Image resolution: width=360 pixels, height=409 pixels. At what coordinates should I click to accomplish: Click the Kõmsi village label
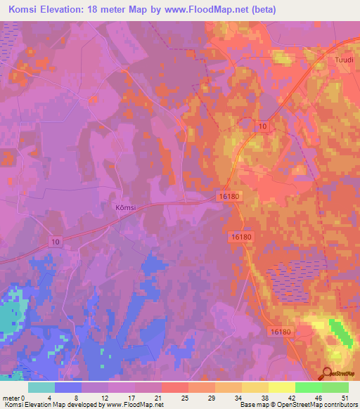[x=124, y=207]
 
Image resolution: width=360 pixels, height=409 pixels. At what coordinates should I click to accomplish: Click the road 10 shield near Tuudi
[x=262, y=125]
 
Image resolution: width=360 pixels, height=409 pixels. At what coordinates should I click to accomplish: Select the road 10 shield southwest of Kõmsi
[x=56, y=241]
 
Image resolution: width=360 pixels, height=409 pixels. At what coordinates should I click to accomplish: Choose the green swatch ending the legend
[x=335, y=387]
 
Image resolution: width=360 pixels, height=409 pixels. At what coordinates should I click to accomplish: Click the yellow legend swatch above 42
[x=282, y=387]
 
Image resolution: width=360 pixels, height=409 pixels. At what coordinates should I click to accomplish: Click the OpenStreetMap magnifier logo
[x=327, y=373]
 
